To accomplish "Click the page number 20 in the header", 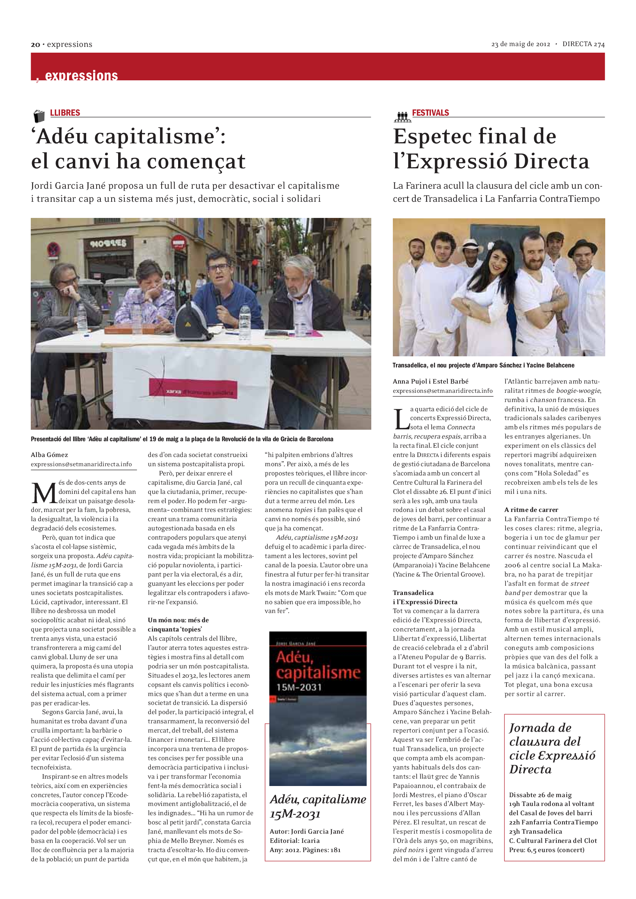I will tap(35, 45).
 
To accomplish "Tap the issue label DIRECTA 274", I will tap(583, 44).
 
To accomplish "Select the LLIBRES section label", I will tap(65, 113).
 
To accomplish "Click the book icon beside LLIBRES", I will tap(39, 116).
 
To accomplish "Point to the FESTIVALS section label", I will tap(430, 113).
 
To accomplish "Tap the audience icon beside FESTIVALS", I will tap(402, 116).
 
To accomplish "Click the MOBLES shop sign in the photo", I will tap(108, 244).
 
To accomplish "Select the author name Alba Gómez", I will tap(49, 455).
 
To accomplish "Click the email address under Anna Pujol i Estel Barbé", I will tap(442, 391).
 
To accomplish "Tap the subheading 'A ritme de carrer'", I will tap(531, 509).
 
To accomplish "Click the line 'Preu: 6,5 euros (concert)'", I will tap(546, 850).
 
